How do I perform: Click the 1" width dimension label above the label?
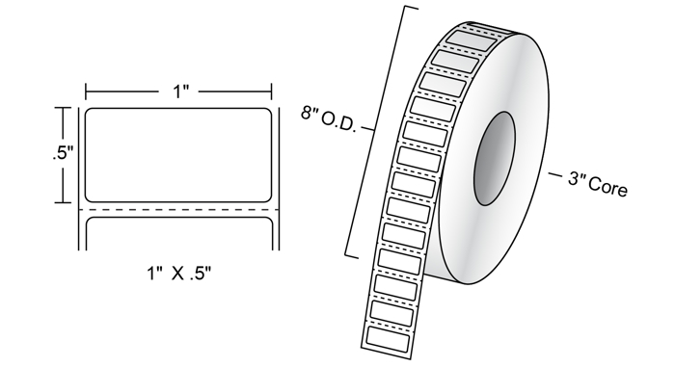[181, 92]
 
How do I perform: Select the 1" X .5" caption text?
[179, 273]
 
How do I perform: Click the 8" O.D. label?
[329, 120]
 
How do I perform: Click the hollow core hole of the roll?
[495, 158]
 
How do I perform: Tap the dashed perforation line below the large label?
[178, 210]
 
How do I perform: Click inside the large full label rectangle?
[178, 155]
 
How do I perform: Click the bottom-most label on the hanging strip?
[387, 337]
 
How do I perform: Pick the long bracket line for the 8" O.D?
[382, 132]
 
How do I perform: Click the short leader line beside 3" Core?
[554, 174]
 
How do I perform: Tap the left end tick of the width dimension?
[86, 92]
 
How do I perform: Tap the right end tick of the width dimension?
[271, 92]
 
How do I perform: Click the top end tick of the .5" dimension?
[64, 108]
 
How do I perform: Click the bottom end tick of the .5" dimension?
[64, 202]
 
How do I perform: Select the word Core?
[607, 187]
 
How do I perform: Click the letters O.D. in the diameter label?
[339, 123]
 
